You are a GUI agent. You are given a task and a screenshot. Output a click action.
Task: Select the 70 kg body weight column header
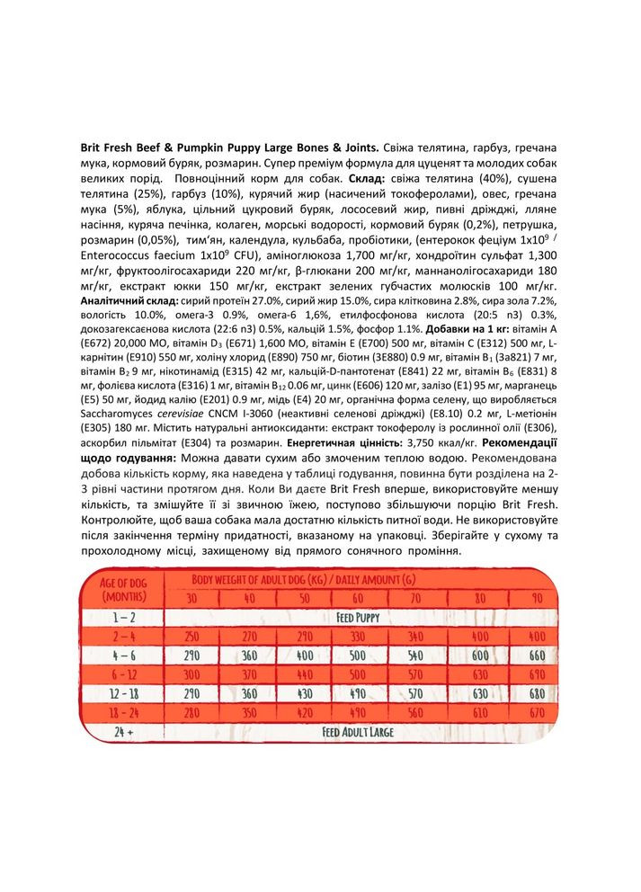[x=414, y=598]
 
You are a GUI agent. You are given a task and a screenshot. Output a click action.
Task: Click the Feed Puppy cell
[x=358, y=619]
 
